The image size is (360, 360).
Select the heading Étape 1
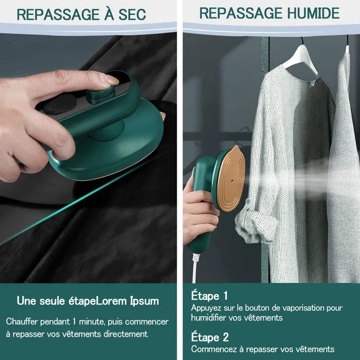click(209, 296)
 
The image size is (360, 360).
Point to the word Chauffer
click(23, 321)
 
